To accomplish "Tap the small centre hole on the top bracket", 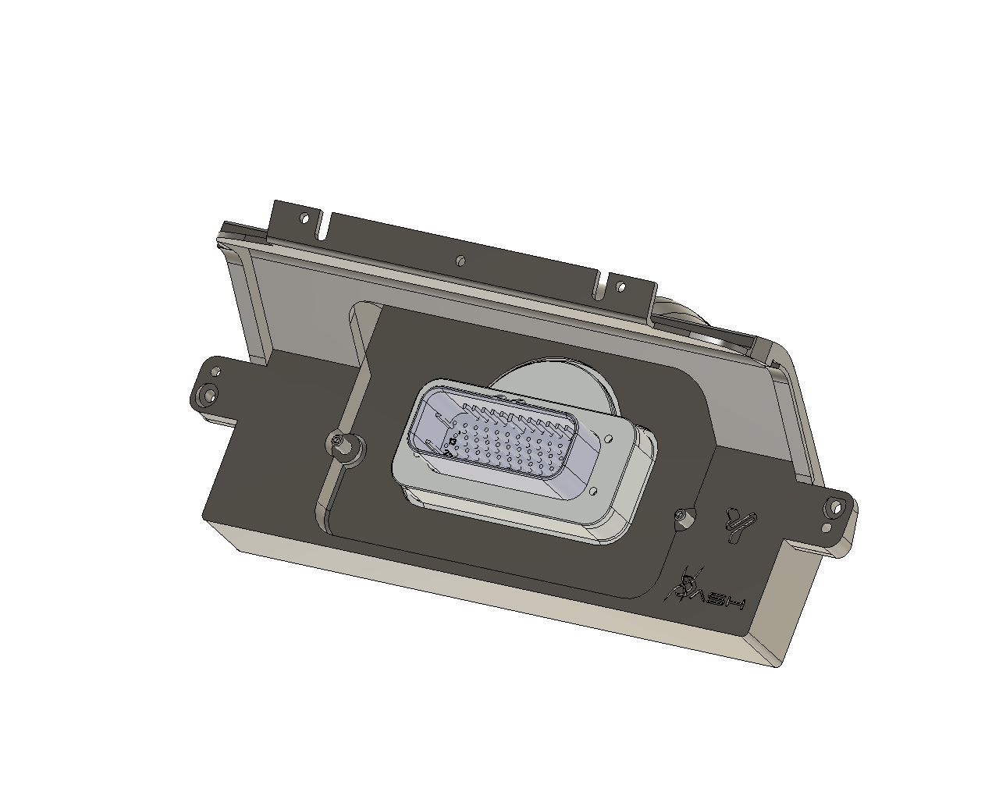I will point(461,259).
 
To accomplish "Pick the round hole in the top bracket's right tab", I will point(621,287).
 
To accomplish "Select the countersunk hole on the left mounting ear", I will point(208,395).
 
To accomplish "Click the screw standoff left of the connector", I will point(340,444).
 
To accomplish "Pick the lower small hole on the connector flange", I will point(594,492).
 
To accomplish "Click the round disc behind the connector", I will point(562,382).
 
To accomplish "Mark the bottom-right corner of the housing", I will point(777,664).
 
